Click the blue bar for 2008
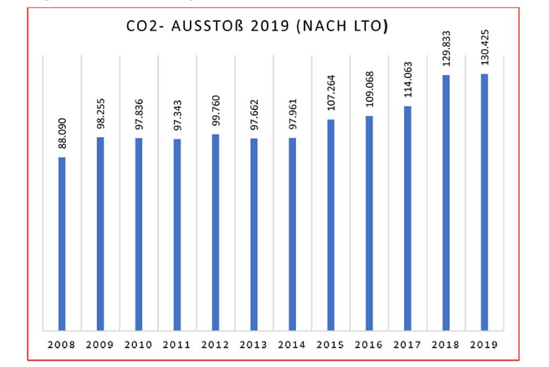(x=62, y=244)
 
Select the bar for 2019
(x=484, y=202)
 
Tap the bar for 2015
(x=331, y=225)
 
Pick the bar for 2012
(x=215, y=232)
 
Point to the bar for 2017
(x=408, y=218)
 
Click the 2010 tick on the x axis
(x=138, y=345)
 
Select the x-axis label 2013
(x=254, y=345)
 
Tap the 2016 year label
(x=369, y=345)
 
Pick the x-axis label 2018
(x=446, y=345)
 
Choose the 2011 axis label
(x=177, y=345)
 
